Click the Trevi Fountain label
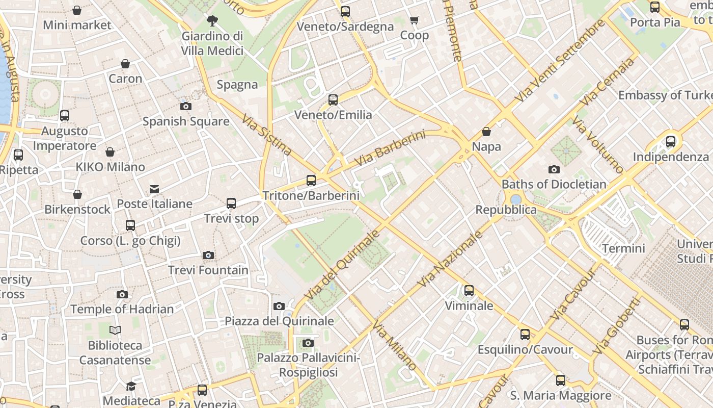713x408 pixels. point(208,270)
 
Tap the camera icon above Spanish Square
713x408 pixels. point(186,106)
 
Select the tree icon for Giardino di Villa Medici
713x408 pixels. point(212,21)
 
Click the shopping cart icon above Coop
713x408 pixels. point(414,20)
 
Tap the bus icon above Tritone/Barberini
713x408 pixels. point(311,180)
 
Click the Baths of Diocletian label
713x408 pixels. point(554,184)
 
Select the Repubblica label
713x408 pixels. point(506,210)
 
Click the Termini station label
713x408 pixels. point(623,248)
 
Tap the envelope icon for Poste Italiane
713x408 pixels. point(154,189)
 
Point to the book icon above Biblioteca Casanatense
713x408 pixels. point(115,330)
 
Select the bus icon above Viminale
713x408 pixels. point(469,291)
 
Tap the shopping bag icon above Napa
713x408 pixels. point(486,132)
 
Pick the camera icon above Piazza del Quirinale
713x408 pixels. point(279,306)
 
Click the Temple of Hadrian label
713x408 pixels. point(122,309)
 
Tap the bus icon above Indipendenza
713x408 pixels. point(670,142)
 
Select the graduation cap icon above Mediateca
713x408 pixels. point(131,386)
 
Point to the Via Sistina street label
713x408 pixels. point(266,135)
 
